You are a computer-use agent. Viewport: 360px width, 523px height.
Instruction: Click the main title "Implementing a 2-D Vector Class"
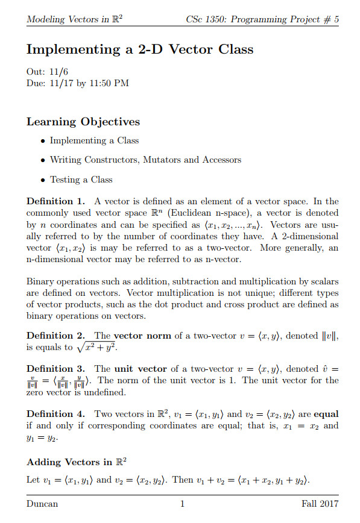click(140, 49)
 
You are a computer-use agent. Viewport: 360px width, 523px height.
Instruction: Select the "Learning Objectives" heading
click(83, 122)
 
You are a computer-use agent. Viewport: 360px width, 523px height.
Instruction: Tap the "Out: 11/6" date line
click(48, 72)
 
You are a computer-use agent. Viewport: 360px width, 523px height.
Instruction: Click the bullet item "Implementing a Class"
click(94, 140)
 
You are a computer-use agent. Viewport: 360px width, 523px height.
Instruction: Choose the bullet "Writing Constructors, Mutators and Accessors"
click(145, 160)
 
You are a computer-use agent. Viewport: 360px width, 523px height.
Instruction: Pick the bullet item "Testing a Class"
click(81, 179)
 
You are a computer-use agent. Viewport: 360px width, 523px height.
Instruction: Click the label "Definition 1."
click(55, 201)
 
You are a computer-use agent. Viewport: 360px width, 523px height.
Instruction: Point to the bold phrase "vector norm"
click(143, 336)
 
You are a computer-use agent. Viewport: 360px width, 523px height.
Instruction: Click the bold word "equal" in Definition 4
click(326, 414)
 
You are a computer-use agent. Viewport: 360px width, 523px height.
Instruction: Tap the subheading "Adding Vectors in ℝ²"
click(77, 462)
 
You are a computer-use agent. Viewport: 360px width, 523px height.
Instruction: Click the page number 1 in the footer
click(182, 504)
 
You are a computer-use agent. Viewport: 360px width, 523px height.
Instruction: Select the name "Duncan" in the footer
click(42, 504)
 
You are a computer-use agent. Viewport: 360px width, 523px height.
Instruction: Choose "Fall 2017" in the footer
click(320, 504)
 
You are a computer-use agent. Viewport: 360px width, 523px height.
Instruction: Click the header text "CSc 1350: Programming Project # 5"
click(263, 20)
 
